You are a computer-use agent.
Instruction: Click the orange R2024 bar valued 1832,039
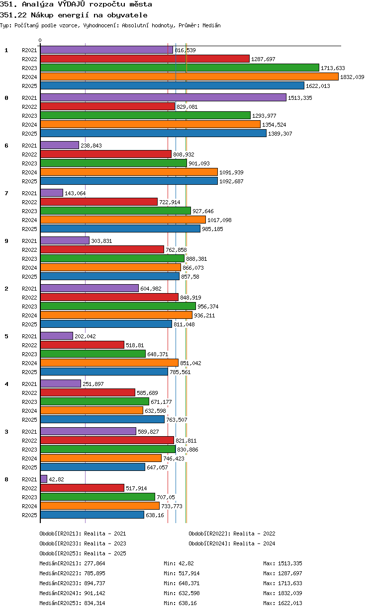[x=189, y=77]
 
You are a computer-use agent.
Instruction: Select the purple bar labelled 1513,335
[x=163, y=97]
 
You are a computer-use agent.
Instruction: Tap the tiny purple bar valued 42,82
[x=44, y=479]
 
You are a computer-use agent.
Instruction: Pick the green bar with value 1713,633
[x=180, y=68]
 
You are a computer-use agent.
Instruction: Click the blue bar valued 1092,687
[x=129, y=181]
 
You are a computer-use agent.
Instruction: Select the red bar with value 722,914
[x=99, y=202]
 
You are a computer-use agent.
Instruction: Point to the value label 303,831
[x=101, y=241]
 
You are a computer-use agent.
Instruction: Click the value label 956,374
[x=208, y=306]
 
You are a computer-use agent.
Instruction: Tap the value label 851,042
[x=190, y=363]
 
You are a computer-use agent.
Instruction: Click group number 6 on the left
[x=6, y=146]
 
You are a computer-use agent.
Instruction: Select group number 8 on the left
[x=6, y=479]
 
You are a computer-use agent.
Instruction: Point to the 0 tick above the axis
[x=40, y=40]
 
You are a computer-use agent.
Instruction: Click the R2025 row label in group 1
[x=29, y=86]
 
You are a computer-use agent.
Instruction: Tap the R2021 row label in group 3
[x=29, y=432]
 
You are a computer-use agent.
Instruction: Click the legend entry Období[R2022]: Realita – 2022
[x=232, y=534]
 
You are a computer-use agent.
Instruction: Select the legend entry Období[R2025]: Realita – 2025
[x=83, y=553]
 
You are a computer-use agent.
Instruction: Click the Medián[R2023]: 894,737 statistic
[x=72, y=583]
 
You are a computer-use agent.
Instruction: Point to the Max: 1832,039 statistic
[x=283, y=593]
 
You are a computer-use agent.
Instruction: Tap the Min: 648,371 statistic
[x=182, y=583]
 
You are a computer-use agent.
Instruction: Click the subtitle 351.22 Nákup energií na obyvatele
[x=74, y=15]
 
